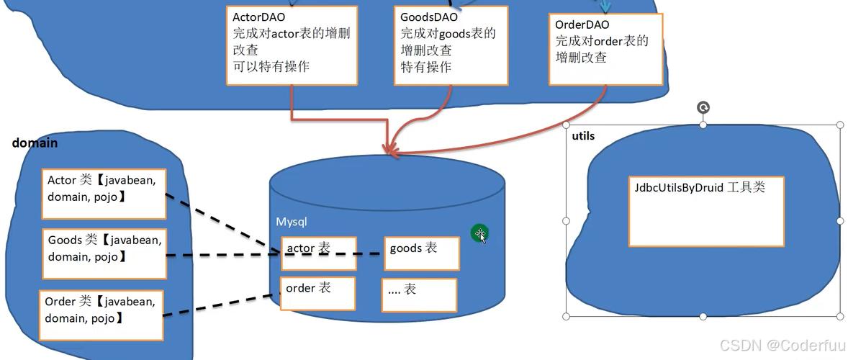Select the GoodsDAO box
click(451, 45)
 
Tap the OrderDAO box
click(605, 49)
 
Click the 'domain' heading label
click(35, 143)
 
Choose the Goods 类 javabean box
click(104, 253)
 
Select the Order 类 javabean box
click(102, 315)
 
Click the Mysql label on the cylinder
click(292, 222)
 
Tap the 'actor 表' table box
click(318, 253)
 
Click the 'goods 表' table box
click(421, 253)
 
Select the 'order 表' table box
click(317, 293)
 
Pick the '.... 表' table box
click(419, 294)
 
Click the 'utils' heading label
click(583, 136)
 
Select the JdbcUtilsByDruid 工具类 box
click(705, 211)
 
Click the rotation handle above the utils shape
click(703, 108)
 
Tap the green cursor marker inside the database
click(479, 233)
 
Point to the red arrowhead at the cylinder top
click(391, 150)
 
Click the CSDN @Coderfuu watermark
click(782, 345)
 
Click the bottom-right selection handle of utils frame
click(839, 315)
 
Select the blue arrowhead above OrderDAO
click(605, 7)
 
